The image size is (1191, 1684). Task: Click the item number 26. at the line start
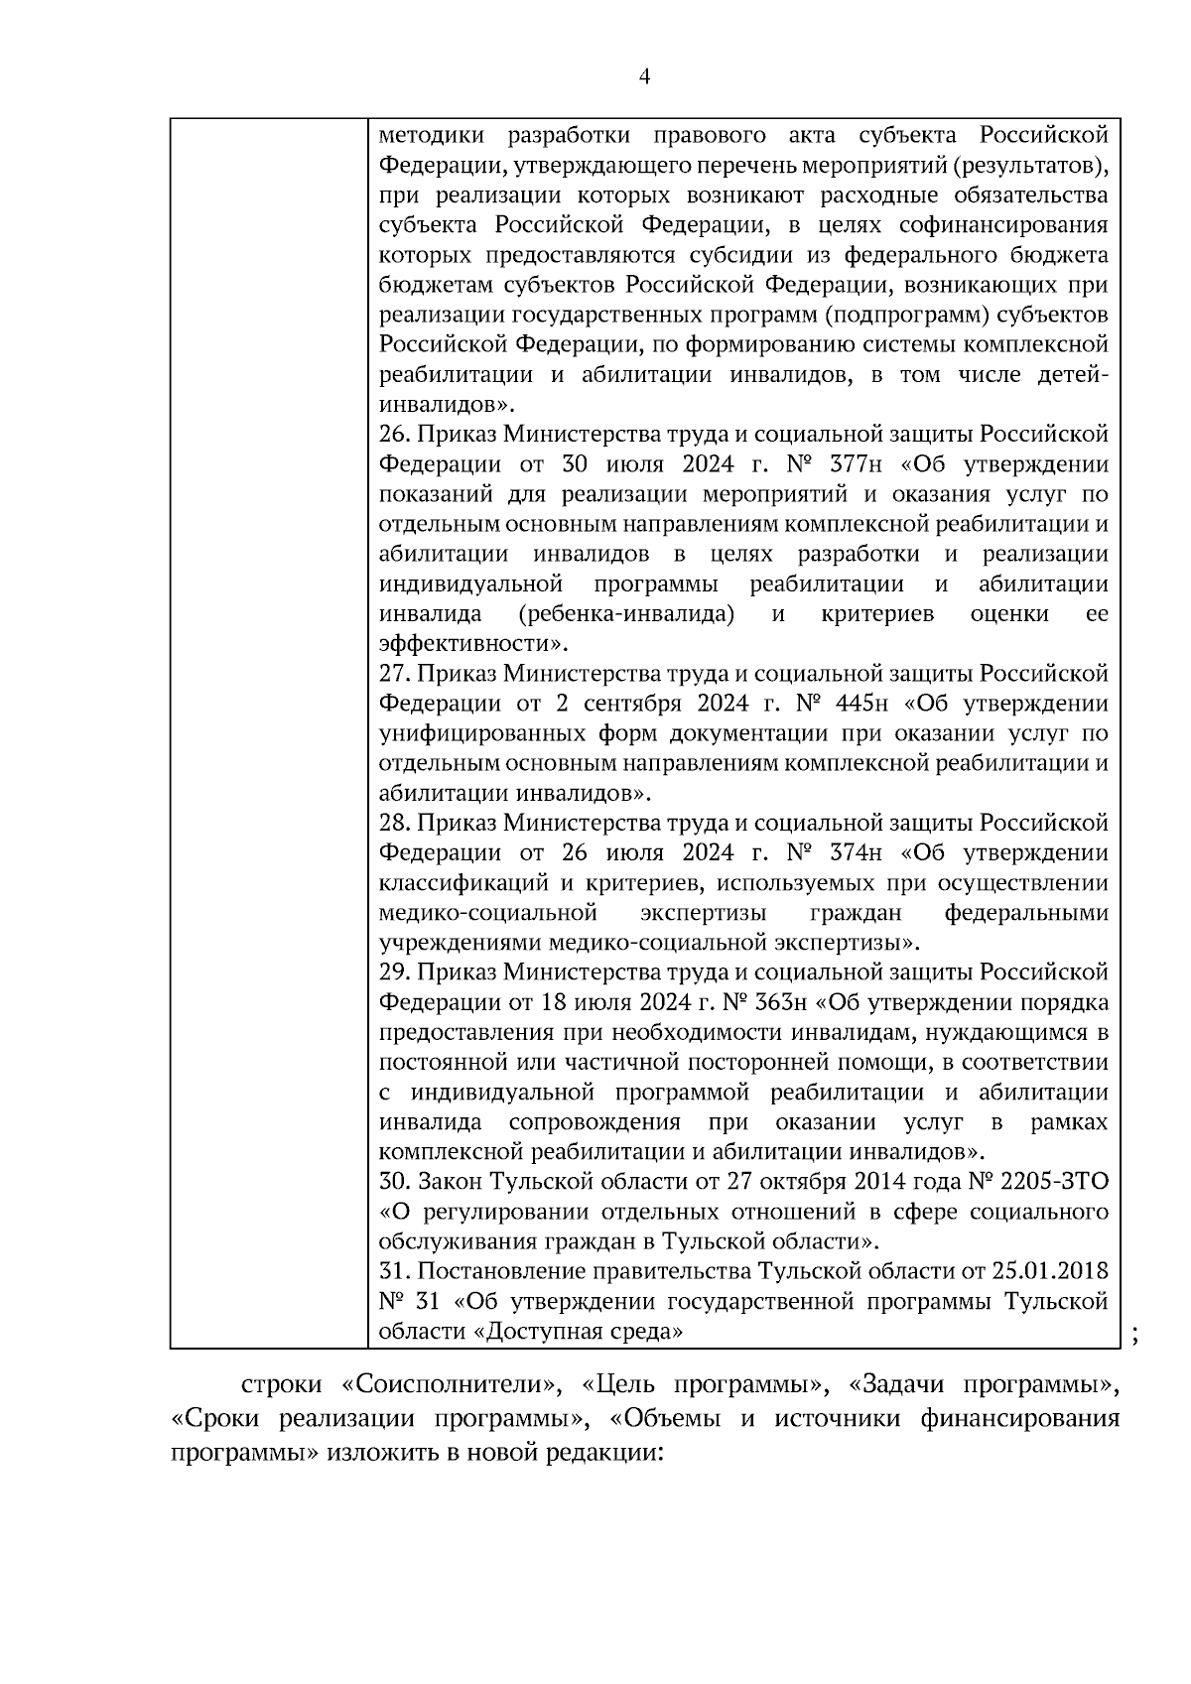[395, 435]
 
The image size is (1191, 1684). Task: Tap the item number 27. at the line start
[395, 674]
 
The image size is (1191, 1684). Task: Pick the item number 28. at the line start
[395, 824]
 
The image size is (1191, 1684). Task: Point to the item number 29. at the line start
[395, 972]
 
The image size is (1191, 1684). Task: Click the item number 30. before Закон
[395, 1182]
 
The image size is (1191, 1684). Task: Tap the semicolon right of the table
[1133, 1339]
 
